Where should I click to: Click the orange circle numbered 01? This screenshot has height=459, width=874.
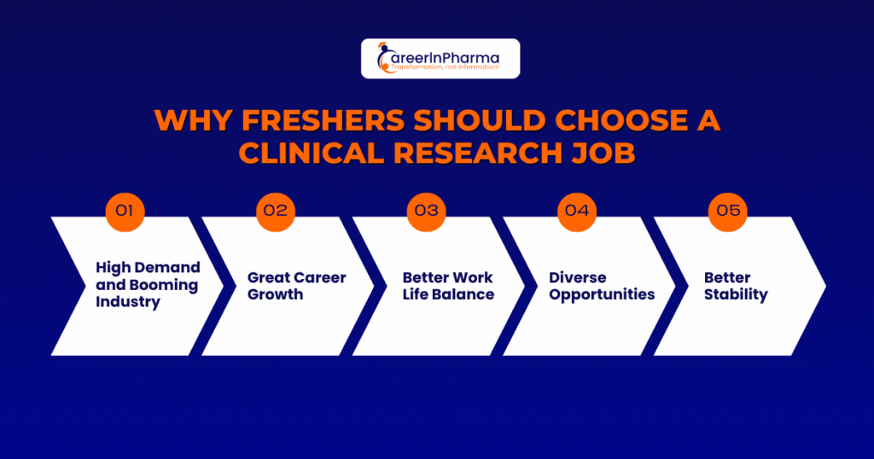(125, 212)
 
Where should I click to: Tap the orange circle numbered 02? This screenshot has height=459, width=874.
(276, 212)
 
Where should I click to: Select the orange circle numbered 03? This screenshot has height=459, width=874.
(427, 212)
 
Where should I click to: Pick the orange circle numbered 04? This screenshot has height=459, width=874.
(577, 212)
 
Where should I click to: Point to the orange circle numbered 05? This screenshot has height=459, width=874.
(728, 212)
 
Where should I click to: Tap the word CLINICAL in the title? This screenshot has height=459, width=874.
(312, 154)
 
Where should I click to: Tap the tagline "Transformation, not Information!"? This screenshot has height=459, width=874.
(445, 67)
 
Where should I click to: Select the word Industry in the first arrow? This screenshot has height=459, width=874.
(128, 302)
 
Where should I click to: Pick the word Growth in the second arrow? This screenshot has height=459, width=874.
(276, 294)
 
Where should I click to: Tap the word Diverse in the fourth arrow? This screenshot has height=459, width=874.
(578, 277)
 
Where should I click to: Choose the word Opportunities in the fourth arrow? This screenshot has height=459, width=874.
(602, 294)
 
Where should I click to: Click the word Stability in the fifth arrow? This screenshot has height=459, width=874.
(736, 294)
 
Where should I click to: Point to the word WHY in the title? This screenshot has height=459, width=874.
(193, 120)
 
